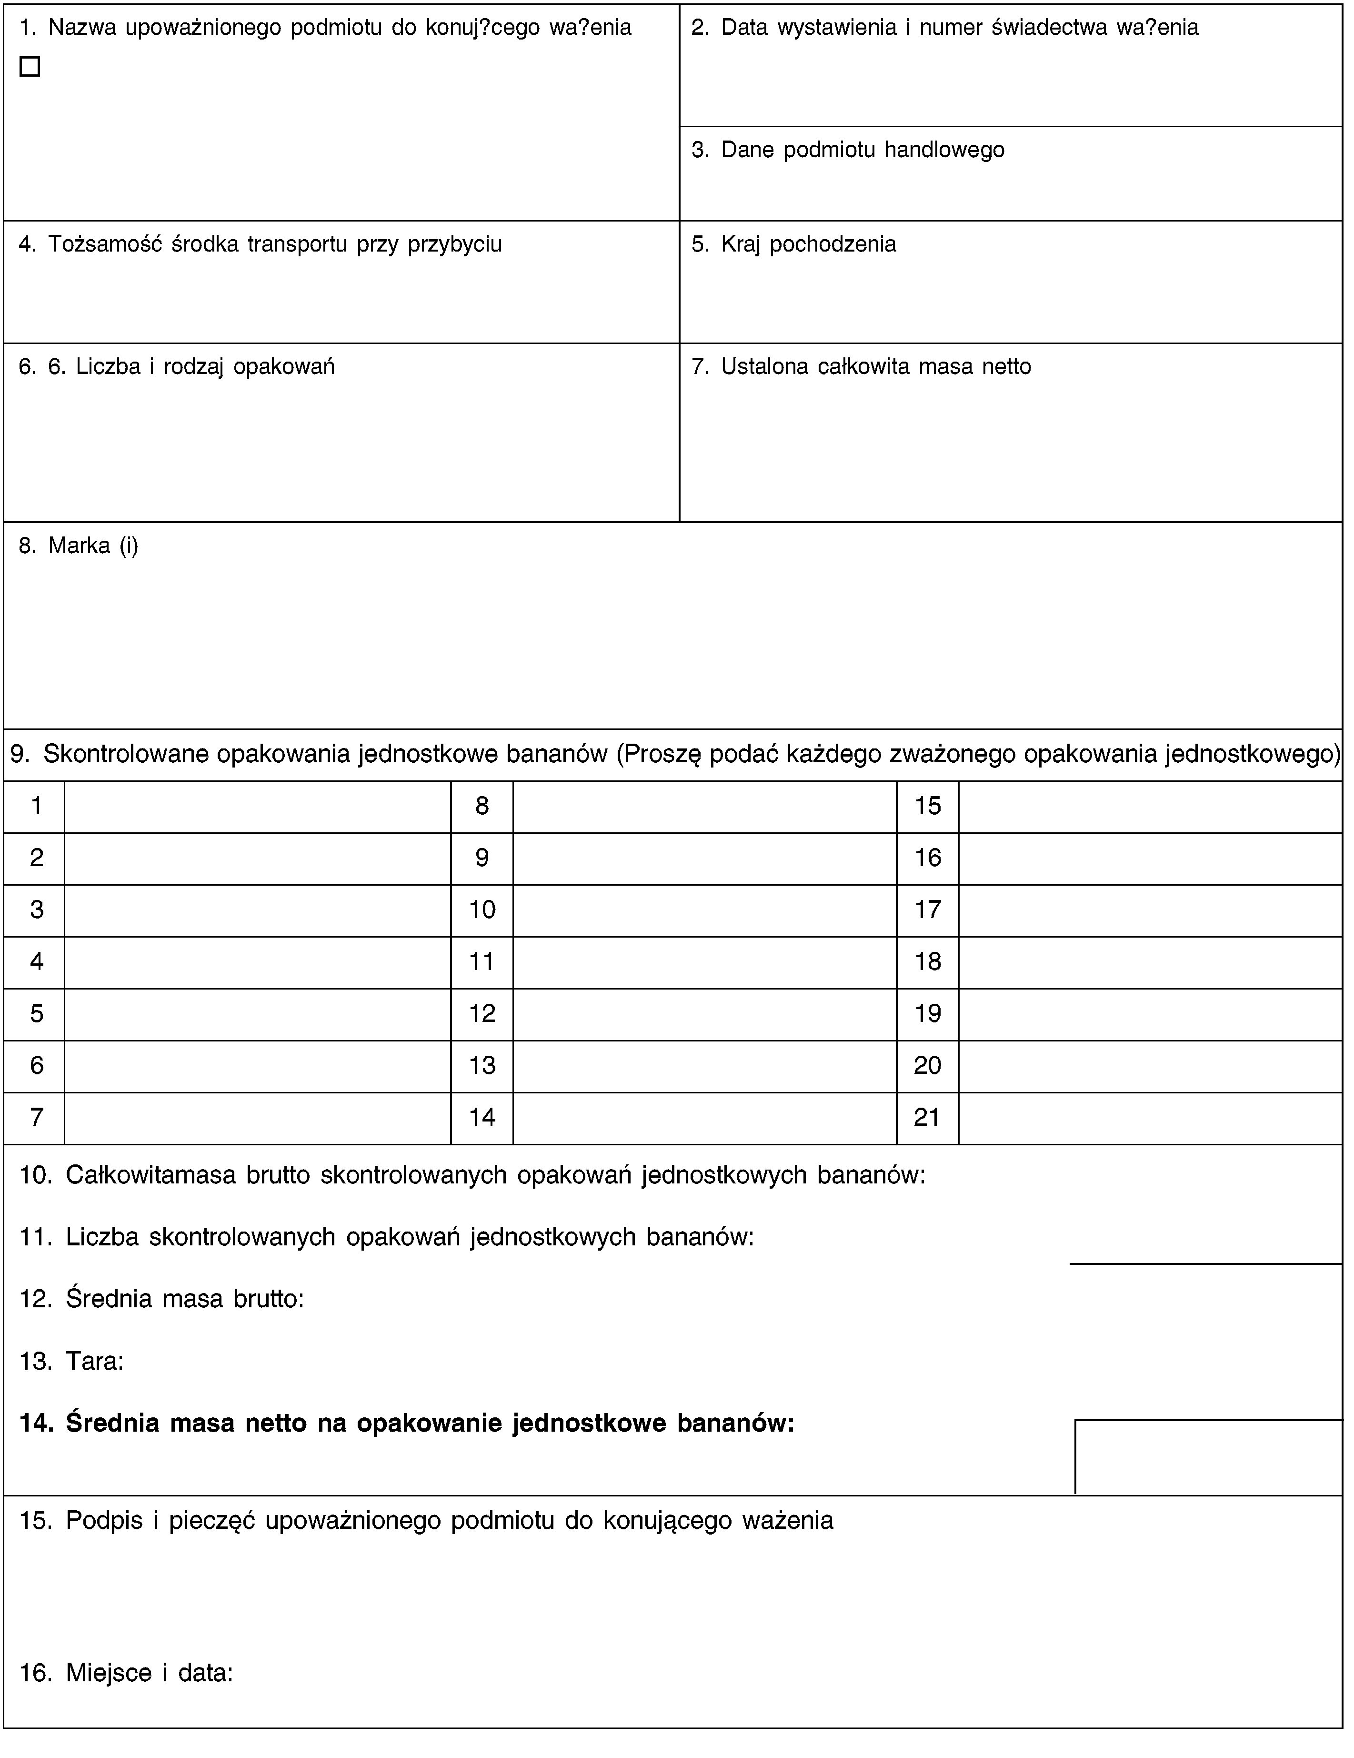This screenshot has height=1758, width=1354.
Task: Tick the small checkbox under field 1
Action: [x=30, y=67]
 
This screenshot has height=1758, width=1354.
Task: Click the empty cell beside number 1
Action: [x=258, y=807]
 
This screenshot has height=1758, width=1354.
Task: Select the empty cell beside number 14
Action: [x=705, y=1118]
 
